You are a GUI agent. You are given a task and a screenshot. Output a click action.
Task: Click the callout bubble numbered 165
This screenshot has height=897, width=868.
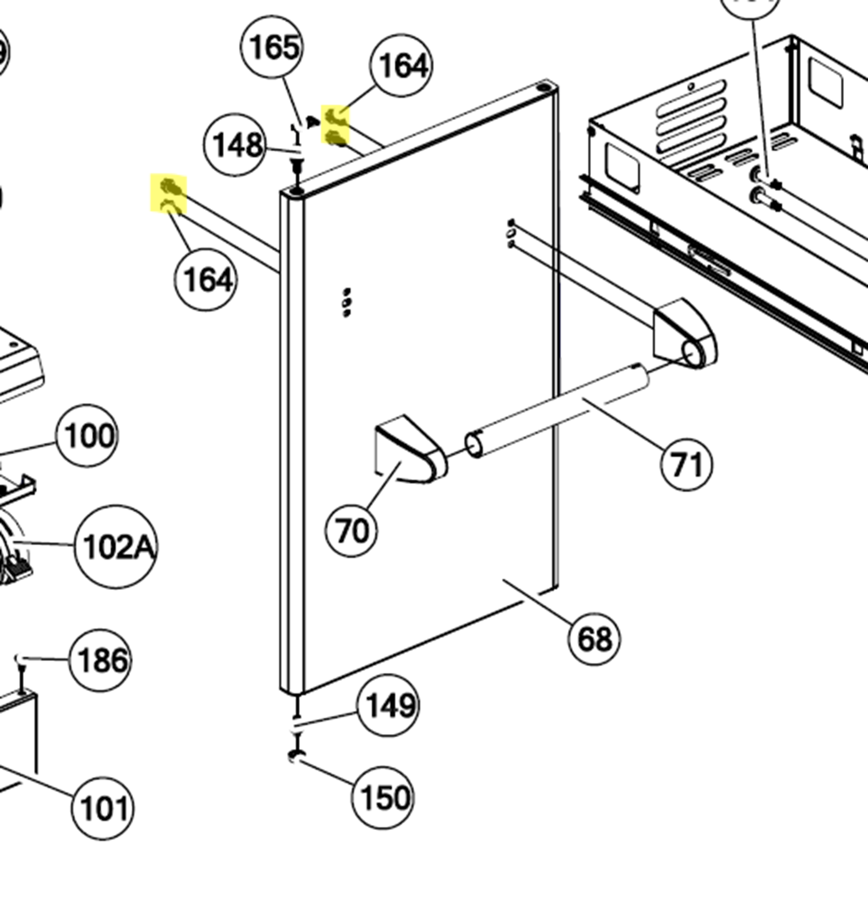(x=272, y=47)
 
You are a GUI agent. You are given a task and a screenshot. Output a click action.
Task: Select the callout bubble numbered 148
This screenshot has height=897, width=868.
(x=234, y=144)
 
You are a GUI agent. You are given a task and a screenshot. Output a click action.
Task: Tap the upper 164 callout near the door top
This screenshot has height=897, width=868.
(x=401, y=65)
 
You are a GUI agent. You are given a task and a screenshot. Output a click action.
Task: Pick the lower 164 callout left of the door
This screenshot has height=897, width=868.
(x=206, y=280)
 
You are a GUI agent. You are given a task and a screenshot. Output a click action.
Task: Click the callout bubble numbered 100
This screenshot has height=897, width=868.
(x=87, y=436)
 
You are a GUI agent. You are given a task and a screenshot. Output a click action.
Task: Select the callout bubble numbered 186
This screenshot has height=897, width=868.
(x=101, y=660)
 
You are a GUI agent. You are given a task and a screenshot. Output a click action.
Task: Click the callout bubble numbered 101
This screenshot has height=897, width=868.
(x=102, y=808)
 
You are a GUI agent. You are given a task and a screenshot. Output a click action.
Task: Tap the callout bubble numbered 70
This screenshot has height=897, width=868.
(x=352, y=531)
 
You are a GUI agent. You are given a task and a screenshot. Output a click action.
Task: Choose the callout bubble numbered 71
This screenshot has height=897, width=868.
(x=687, y=464)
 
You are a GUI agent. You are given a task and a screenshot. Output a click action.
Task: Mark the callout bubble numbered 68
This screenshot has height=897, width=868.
(x=594, y=639)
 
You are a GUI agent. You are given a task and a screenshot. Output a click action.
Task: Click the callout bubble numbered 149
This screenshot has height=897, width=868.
(x=388, y=705)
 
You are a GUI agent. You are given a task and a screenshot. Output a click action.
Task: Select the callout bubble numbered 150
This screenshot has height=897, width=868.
(x=382, y=797)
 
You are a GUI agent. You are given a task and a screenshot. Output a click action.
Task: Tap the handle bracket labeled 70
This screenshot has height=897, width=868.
(x=409, y=450)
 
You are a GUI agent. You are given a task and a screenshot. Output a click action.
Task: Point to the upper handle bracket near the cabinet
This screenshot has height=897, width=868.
(x=683, y=334)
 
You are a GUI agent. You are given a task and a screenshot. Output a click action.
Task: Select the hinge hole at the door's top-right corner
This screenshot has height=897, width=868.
(x=544, y=88)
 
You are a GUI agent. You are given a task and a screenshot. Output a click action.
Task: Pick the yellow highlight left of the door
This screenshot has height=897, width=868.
(x=168, y=192)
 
